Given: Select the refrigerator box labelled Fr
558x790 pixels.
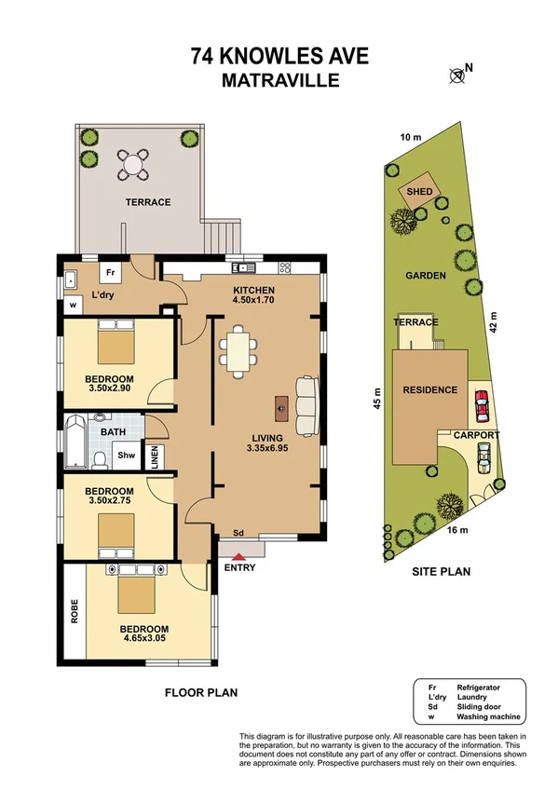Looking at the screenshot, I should click(110, 274).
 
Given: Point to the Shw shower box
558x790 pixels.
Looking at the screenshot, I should click(125, 456).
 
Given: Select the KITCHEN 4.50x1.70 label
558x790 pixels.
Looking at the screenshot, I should click(255, 295).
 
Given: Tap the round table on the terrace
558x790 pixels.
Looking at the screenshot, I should click(134, 166).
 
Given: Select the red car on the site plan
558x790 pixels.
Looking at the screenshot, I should click(482, 406).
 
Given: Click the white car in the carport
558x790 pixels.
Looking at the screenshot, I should click(483, 455).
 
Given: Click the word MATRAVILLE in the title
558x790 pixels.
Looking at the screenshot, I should click(279, 80).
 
